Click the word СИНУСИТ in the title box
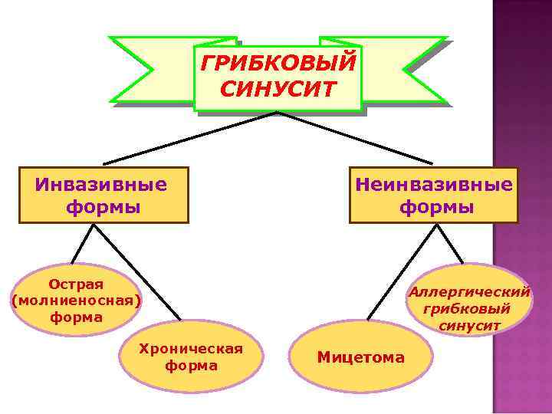(x=278, y=89)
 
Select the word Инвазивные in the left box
(x=101, y=185)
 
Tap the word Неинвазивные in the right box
(x=434, y=185)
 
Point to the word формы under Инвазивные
(x=103, y=207)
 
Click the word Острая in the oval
(x=76, y=284)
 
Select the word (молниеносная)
(x=77, y=301)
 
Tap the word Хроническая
(x=190, y=350)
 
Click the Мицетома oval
(x=361, y=357)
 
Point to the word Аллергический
(x=469, y=292)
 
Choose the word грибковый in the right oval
(x=470, y=308)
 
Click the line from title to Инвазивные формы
(x=192, y=138)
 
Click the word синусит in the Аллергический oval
(x=470, y=325)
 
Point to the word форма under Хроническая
(x=191, y=366)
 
